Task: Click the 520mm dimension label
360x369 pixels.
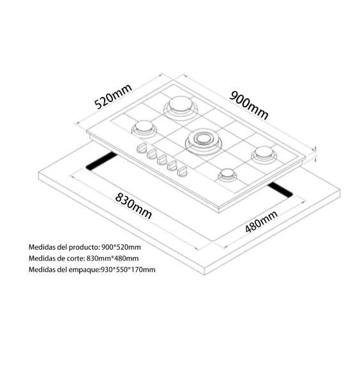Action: click(x=113, y=96)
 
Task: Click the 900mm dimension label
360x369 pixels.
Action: click(x=249, y=105)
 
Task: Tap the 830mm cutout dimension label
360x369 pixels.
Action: click(x=133, y=206)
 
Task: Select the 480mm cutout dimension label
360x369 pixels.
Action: click(x=261, y=222)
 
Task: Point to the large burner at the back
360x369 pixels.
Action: click(x=181, y=107)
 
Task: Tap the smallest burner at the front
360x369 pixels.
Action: click(x=227, y=175)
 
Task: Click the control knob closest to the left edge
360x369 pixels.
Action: click(x=142, y=148)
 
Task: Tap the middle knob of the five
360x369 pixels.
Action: click(x=162, y=160)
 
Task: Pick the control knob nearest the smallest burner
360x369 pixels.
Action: click(x=183, y=171)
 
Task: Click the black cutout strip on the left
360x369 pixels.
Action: click(x=101, y=162)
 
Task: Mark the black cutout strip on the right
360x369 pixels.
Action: click(x=280, y=190)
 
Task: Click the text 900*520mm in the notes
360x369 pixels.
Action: click(x=121, y=247)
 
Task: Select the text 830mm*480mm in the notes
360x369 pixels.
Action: click(x=112, y=258)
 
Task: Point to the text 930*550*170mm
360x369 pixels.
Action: click(x=128, y=269)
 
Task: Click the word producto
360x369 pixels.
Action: click(x=82, y=247)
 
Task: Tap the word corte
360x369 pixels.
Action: click(x=76, y=258)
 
